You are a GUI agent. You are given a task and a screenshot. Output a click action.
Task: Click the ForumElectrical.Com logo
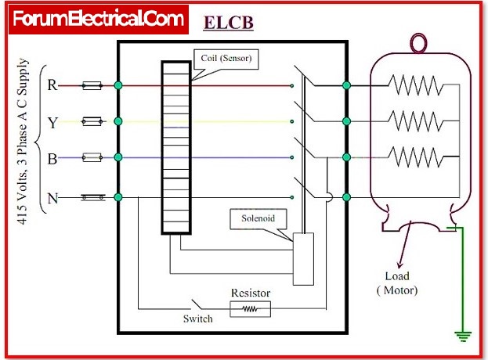point(99,18)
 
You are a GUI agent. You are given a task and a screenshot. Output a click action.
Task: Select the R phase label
point(52,85)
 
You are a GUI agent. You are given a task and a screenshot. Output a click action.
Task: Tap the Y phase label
point(52,121)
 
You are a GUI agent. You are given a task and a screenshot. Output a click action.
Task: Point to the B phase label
point(52,159)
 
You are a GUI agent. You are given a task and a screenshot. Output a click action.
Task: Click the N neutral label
point(52,197)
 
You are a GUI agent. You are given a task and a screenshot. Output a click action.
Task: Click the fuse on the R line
point(92,85)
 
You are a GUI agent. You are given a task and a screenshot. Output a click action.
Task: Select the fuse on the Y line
point(92,121)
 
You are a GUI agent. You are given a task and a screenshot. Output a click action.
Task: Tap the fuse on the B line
point(92,158)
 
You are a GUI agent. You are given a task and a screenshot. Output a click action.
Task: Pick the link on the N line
point(92,197)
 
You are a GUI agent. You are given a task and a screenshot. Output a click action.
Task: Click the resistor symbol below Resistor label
point(250,309)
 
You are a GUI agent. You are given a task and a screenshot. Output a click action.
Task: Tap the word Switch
point(197,319)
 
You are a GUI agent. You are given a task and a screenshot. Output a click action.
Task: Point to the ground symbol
point(463,336)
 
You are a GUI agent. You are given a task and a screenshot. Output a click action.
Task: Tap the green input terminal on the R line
point(117,85)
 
